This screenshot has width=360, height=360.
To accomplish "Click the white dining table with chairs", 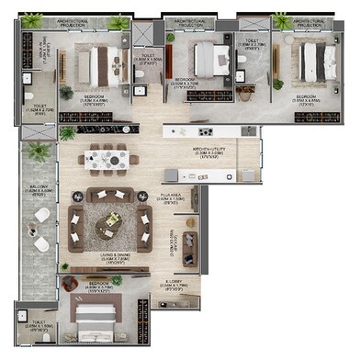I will point(110,155).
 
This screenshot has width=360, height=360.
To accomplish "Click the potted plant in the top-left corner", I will point(33,20).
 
